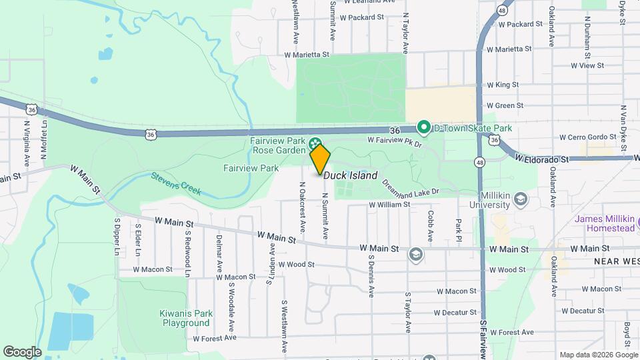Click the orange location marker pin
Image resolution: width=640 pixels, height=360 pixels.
click(320, 159)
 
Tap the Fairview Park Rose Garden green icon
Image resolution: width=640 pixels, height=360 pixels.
click(315, 142)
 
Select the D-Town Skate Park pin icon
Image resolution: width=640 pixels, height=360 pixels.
click(423, 127)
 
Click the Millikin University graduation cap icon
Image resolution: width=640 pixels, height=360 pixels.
click(520, 199)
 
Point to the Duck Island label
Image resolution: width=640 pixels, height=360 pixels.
click(351, 176)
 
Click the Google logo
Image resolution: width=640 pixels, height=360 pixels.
click(22, 351)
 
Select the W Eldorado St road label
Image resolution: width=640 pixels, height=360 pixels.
click(542, 159)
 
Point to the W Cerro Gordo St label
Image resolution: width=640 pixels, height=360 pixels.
click(579, 137)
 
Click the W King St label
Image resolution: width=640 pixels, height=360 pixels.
click(503, 85)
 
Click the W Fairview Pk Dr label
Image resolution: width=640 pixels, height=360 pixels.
click(395, 141)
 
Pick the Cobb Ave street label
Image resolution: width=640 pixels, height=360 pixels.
click(431, 226)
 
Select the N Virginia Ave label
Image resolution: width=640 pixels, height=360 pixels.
click(27, 143)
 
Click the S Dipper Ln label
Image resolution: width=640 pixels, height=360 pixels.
click(116, 237)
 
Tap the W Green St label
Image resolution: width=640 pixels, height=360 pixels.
click(505, 105)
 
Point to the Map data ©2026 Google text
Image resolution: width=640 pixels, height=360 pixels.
click(598, 355)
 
